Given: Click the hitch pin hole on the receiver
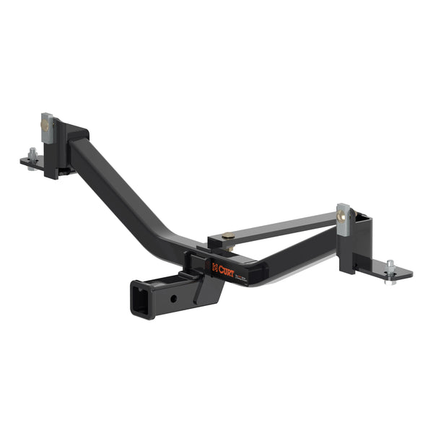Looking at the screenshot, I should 172,297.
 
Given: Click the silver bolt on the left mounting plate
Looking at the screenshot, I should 33,154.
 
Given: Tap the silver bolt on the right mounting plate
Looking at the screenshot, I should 390,265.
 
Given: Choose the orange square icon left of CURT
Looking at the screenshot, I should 215,267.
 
